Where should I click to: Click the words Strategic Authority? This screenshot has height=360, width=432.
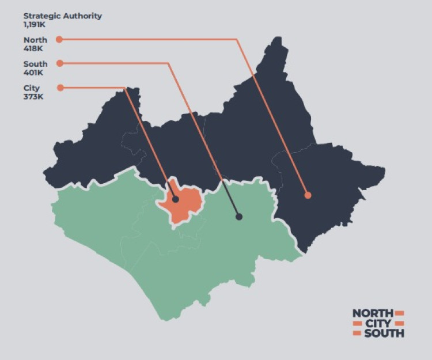tap(62, 16)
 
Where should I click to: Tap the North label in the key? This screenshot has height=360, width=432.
tap(35, 40)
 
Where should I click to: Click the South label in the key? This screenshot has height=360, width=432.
tap(36, 63)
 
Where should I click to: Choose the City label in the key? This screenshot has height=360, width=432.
tap(32, 88)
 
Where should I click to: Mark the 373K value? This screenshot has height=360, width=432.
tap(33, 96)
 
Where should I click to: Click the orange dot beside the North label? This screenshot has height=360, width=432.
tap(59, 40)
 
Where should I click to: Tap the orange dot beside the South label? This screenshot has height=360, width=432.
tap(59, 63)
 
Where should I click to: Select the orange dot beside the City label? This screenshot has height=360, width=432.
tap(59, 88)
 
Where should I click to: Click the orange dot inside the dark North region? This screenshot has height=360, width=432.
tap(308, 195)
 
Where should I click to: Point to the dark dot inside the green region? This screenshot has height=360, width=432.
tap(238, 217)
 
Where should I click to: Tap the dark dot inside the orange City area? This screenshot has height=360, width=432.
tap(176, 199)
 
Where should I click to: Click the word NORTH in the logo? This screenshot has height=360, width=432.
tap(373, 313)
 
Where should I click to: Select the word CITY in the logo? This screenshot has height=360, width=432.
tap(378, 323)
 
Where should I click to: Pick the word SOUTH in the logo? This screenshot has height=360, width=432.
tap(384, 333)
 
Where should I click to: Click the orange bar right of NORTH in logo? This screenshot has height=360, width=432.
tap(400, 313)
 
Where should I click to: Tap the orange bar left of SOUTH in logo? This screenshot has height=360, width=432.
tap(357, 334)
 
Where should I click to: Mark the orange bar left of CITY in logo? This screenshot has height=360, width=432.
tap(357, 323)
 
